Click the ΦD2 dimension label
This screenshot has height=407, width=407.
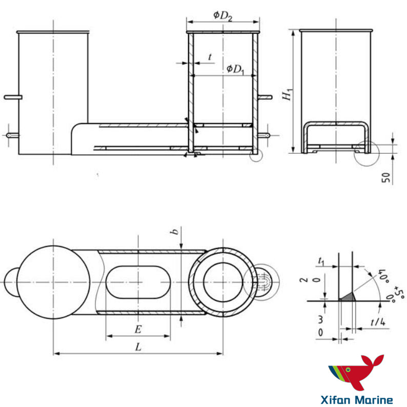click(x=222, y=16)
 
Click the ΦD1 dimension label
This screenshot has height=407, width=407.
click(x=235, y=69)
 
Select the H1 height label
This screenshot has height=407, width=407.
click(x=288, y=94)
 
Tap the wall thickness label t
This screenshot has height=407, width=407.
click(x=210, y=57)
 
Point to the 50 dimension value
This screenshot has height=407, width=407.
click(x=386, y=177)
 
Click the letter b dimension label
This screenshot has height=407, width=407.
click(x=175, y=231)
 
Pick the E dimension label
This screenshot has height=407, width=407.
click(x=138, y=330)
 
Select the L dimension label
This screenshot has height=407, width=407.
click(x=138, y=347)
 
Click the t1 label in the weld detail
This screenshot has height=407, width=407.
click(x=321, y=261)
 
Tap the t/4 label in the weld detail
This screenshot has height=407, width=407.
click(x=378, y=322)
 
